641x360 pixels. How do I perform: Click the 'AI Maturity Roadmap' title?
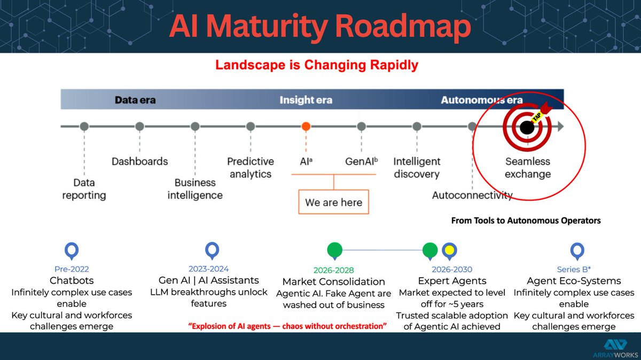(320, 27)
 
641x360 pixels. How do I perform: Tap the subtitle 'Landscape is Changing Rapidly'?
(316, 66)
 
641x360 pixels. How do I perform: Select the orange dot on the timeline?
(306, 127)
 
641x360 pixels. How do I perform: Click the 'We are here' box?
(333, 202)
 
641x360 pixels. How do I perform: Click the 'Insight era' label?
(306, 100)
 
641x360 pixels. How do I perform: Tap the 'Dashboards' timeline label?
(139, 161)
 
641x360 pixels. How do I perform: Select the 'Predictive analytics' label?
(250, 167)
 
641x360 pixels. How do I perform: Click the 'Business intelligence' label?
(195, 189)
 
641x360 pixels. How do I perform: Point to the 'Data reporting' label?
(84, 189)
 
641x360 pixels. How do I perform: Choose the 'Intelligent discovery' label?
(417, 167)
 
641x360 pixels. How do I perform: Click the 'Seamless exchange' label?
(528, 167)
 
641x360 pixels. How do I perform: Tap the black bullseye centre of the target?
(527, 127)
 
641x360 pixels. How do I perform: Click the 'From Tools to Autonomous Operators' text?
(526, 221)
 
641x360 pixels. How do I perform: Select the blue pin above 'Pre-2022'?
(71, 250)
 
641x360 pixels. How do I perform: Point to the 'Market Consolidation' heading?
(333, 281)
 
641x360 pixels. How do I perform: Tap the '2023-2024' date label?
(208, 269)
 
